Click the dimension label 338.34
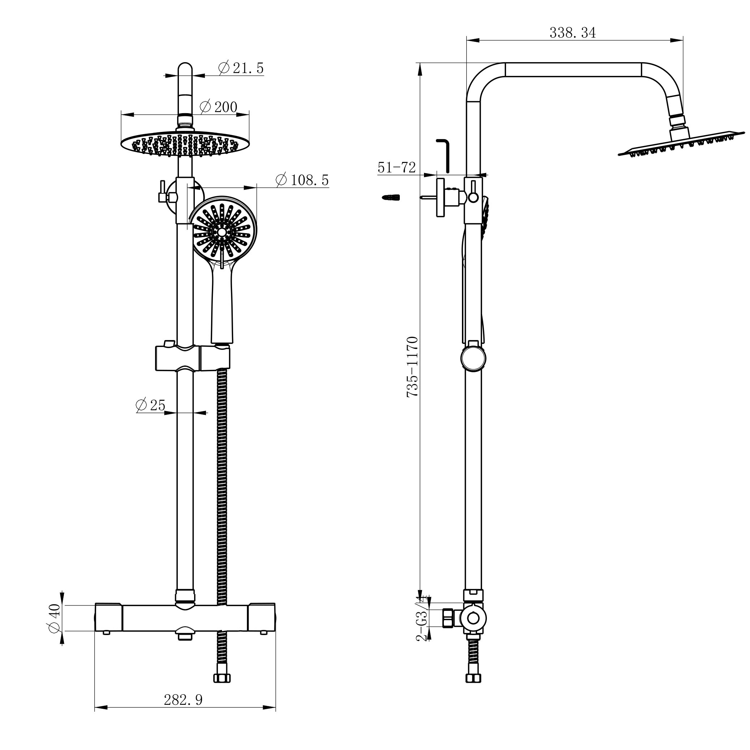click(x=572, y=33)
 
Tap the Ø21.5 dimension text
click(x=241, y=68)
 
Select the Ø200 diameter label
click(x=219, y=107)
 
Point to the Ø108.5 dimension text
click(x=302, y=180)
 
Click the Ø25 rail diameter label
click(x=151, y=405)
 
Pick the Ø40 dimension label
click(x=54, y=618)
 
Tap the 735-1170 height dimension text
click(x=412, y=367)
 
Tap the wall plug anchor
click(x=391, y=198)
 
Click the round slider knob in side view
click(x=473, y=359)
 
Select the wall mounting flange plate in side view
click(x=440, y=197)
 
